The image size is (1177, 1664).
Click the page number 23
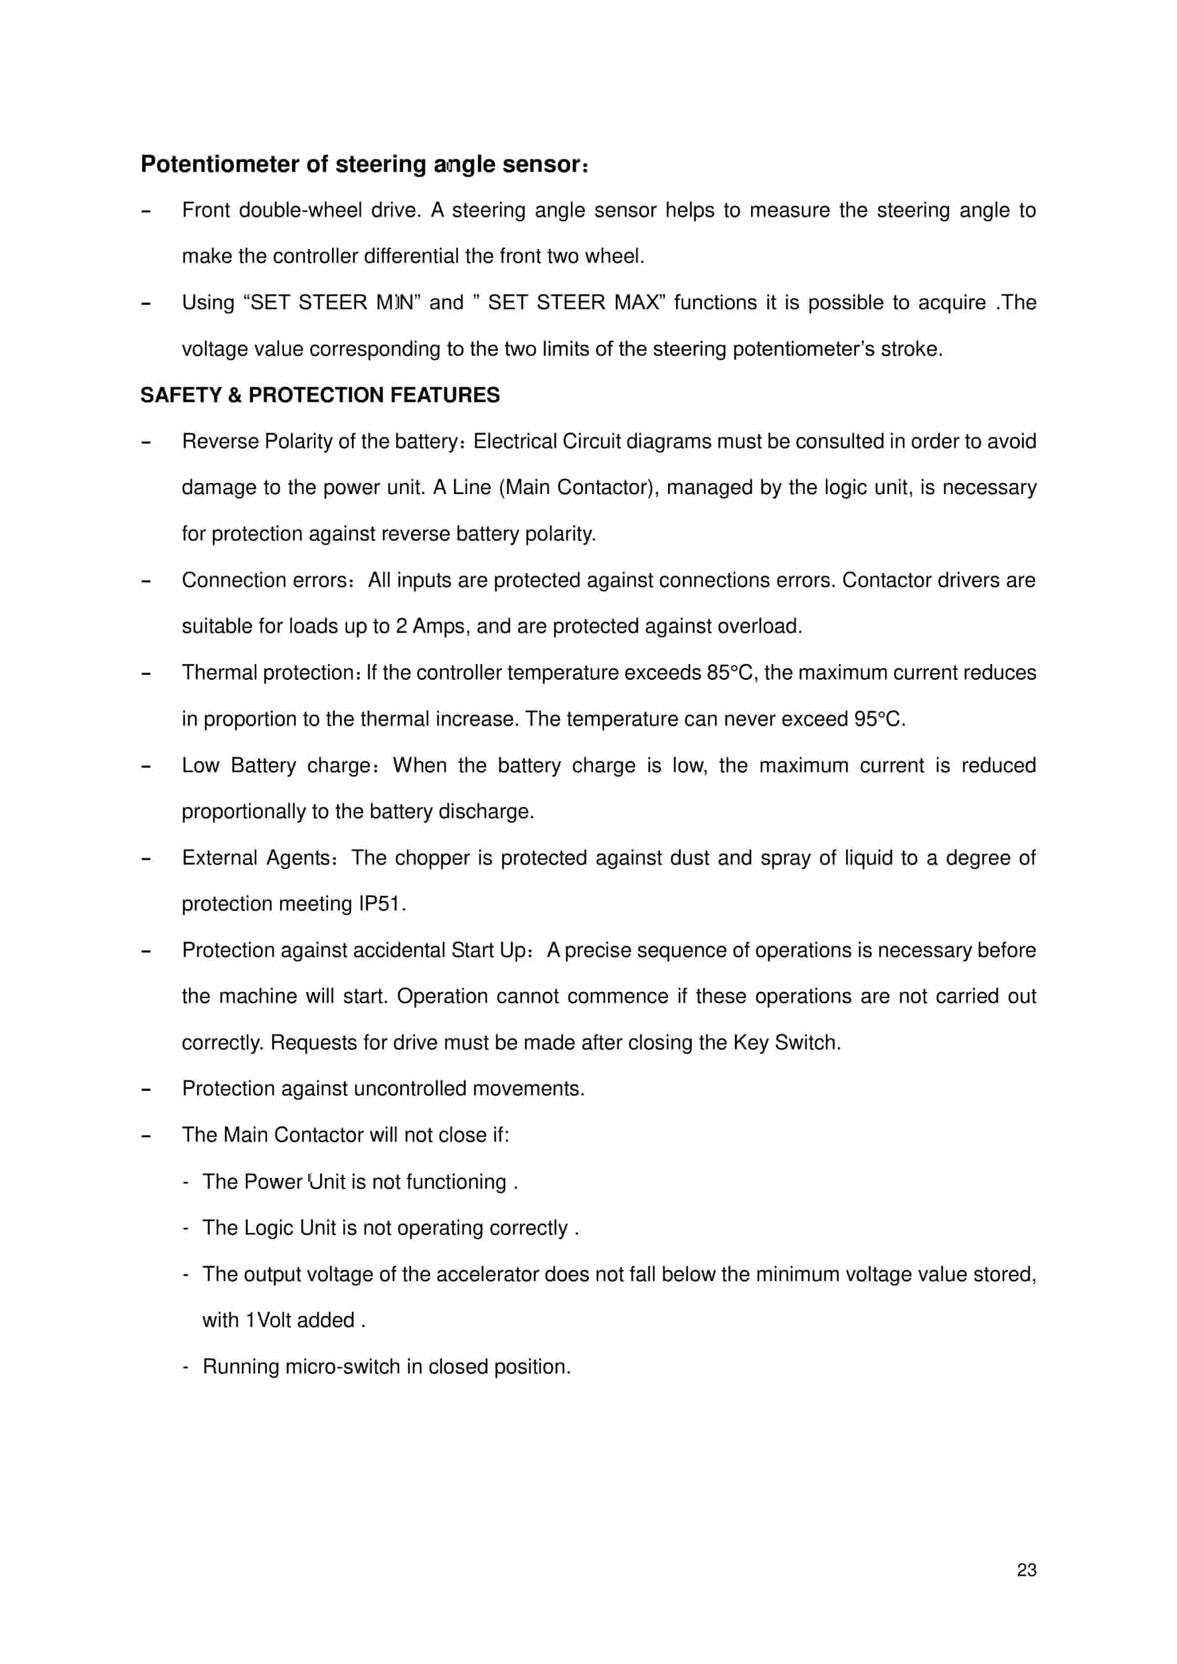[x=1026, y=1570]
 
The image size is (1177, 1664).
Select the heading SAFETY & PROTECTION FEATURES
[x=320, y=395]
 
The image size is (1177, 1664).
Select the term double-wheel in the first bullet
[x=300, y=210]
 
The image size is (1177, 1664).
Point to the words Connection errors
[x=264, y=581]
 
